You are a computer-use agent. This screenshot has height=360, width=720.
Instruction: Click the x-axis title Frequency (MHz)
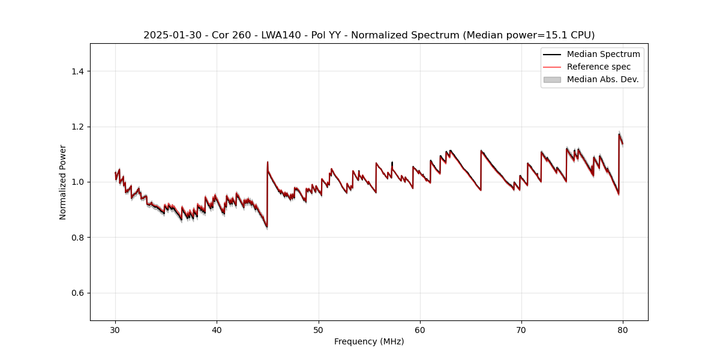pos(369,341)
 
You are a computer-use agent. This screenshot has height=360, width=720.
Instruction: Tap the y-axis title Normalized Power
pos(63,182)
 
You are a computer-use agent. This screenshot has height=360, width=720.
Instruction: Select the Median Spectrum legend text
pos(603,54)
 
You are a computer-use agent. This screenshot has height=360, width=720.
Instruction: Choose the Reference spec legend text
pos(599,67)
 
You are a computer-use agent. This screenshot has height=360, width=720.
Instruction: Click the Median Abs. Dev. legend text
pos(602,79)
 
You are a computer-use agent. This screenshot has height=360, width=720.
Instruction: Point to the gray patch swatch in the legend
pos(552,79)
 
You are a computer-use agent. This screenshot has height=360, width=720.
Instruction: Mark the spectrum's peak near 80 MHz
pos(619,134)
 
